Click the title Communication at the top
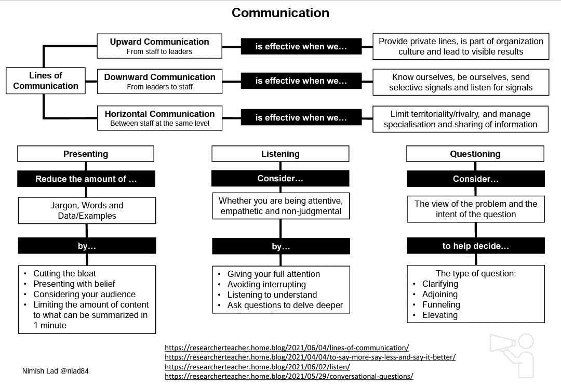tap(280, 13)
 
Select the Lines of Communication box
tap(46, 81)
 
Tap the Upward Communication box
tap(159, 46)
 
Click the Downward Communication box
tap(159, 81)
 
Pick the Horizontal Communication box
tap(159, 118)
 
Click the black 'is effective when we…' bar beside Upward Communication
tap(301, 47)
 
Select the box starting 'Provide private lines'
tap(461, 46)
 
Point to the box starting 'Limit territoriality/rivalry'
tap(461, 119)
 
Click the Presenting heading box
tap(86, 154)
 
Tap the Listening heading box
tap(280, 154)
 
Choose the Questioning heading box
tap(475, 154)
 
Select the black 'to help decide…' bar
tap(475, 246)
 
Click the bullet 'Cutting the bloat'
tap(65, 273)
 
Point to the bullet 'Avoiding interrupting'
tap(266, 284)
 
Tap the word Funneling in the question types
tap(440, 304)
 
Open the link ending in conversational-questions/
tap(289, 376)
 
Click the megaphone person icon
tap(512, 355)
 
